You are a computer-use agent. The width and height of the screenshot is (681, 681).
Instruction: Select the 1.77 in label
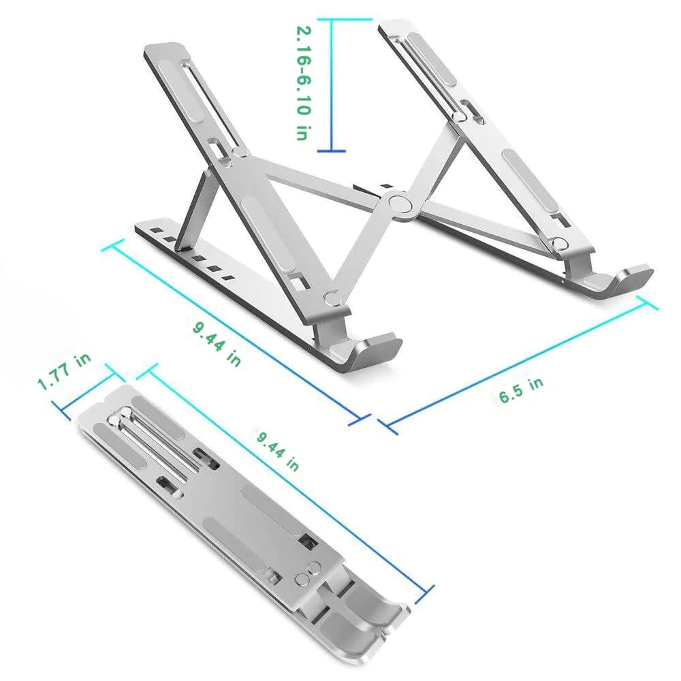[x=65, y=372]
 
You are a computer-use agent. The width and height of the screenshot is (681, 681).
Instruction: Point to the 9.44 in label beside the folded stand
[x=278, y=450]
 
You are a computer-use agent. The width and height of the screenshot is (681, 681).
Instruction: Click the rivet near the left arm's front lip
[x=332, y=298]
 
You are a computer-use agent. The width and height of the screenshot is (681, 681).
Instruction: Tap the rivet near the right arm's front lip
[x=559, y=241]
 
